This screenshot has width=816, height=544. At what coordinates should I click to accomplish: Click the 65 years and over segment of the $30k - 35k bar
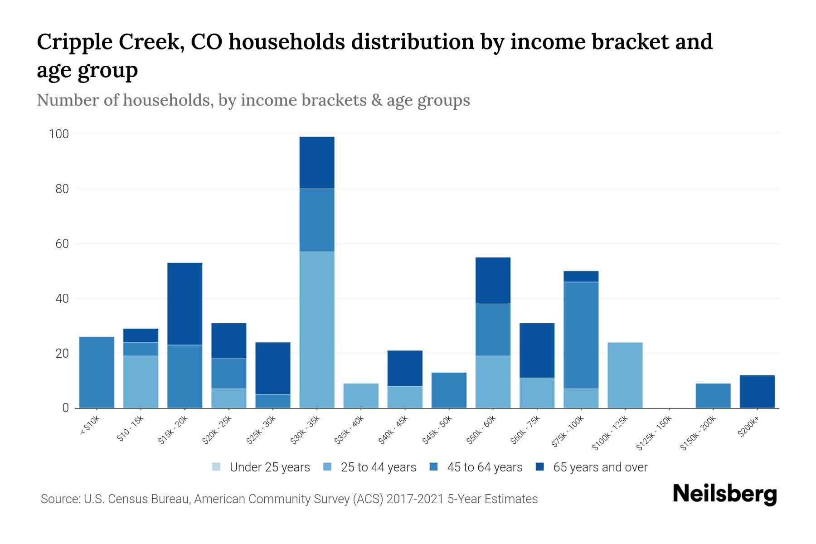[x=317, y=162]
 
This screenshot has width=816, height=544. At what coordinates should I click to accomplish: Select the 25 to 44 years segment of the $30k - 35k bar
[x=317, y=330]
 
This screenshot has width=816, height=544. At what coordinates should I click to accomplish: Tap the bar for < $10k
[x=97, y=372]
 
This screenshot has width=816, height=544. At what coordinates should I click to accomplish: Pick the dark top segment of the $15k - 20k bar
[x=185, y=304]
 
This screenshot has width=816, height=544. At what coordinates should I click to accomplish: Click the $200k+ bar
[x=757, y=391]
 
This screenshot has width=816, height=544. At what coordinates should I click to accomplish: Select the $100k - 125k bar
[x=625, y=375]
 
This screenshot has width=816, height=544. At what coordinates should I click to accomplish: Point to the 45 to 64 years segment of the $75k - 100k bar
[x=581, y=335]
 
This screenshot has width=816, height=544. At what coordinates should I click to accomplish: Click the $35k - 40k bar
[x=361, y=395]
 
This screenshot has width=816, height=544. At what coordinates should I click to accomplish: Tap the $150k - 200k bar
[x=713, y=395]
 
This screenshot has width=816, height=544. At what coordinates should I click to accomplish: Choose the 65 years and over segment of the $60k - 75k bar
[x=537, y=350]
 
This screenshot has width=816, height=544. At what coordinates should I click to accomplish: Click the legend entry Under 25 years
[x=270, y=467]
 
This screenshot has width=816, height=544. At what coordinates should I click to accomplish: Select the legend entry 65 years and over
[x=600, y=467]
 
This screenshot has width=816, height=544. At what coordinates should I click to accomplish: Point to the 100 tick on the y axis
[x=59, y=134]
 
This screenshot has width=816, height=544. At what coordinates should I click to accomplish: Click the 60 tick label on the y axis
[x=62, y=244]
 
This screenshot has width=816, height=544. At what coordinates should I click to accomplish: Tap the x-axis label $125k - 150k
[x=653, y=435]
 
